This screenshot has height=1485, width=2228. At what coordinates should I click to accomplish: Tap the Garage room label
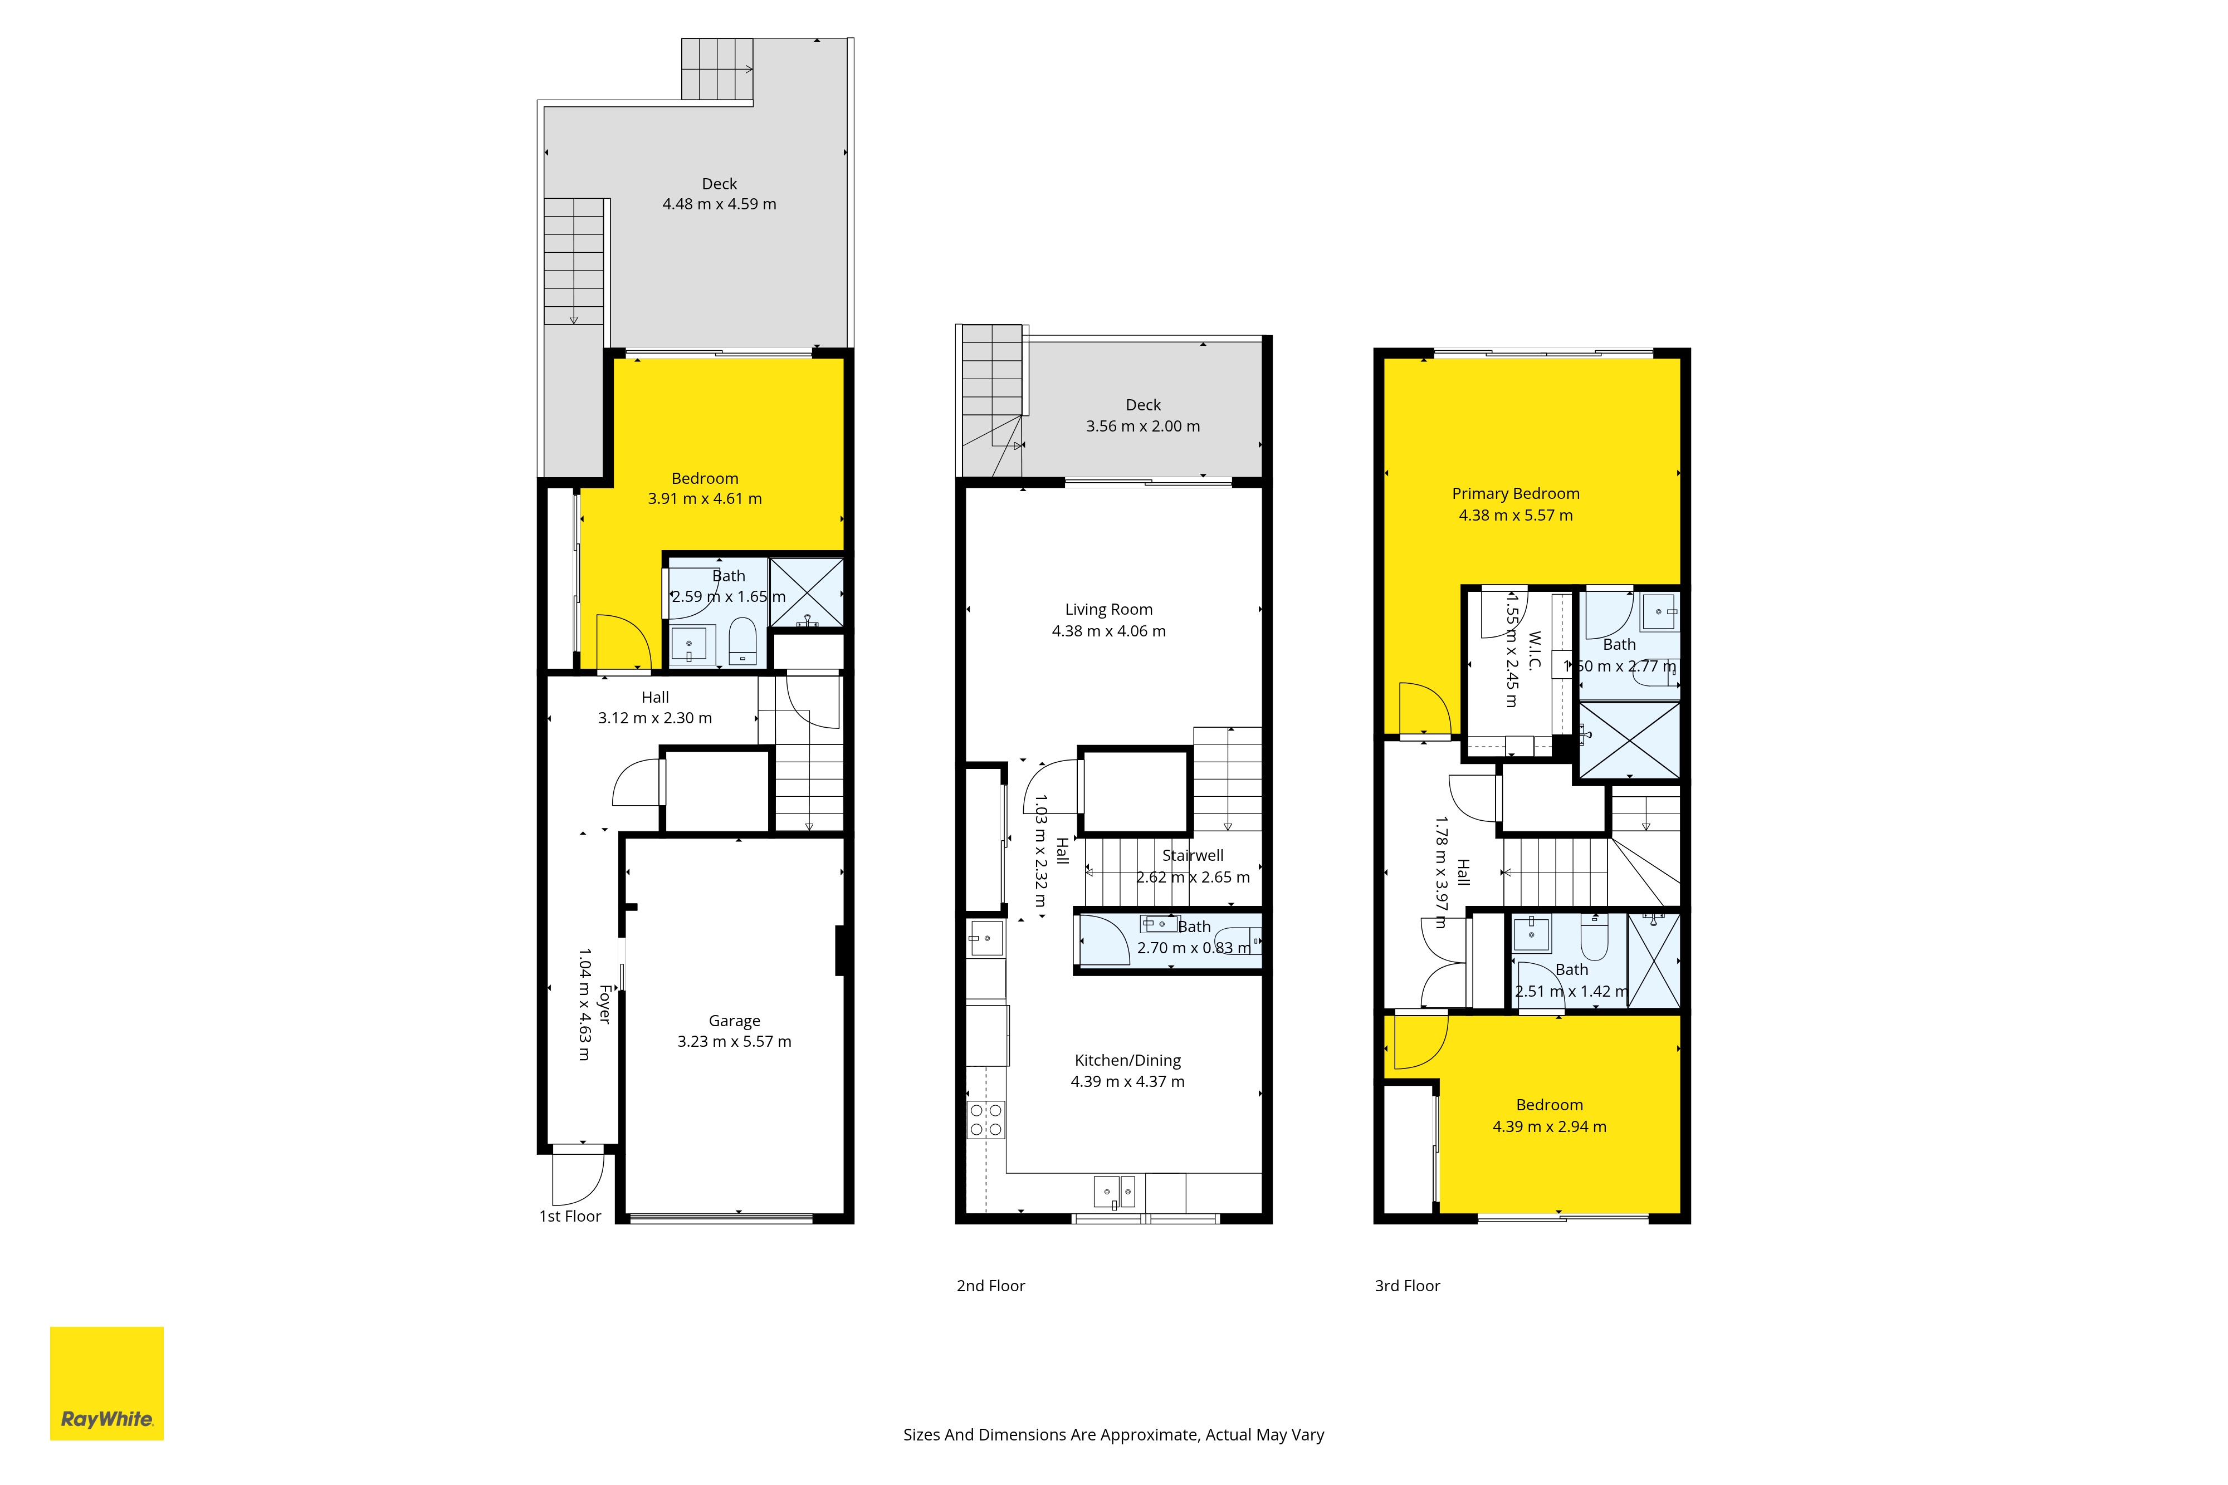(734, 1021)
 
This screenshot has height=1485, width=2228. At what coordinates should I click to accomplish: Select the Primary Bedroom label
(1516, 493)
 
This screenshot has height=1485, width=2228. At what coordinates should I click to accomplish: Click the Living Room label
(1108, 610)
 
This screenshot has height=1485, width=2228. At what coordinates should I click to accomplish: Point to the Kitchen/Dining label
(1127, 1061)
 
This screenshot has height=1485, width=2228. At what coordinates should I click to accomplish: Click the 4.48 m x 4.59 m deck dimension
(719, 204)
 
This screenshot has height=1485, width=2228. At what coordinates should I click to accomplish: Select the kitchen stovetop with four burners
(985, 1119)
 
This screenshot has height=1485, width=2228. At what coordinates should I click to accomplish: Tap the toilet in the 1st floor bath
(742, 641)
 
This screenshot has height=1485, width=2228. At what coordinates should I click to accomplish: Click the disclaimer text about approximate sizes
(1114, 1435)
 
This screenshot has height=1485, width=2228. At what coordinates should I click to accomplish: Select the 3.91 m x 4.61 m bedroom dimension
(705, 499)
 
